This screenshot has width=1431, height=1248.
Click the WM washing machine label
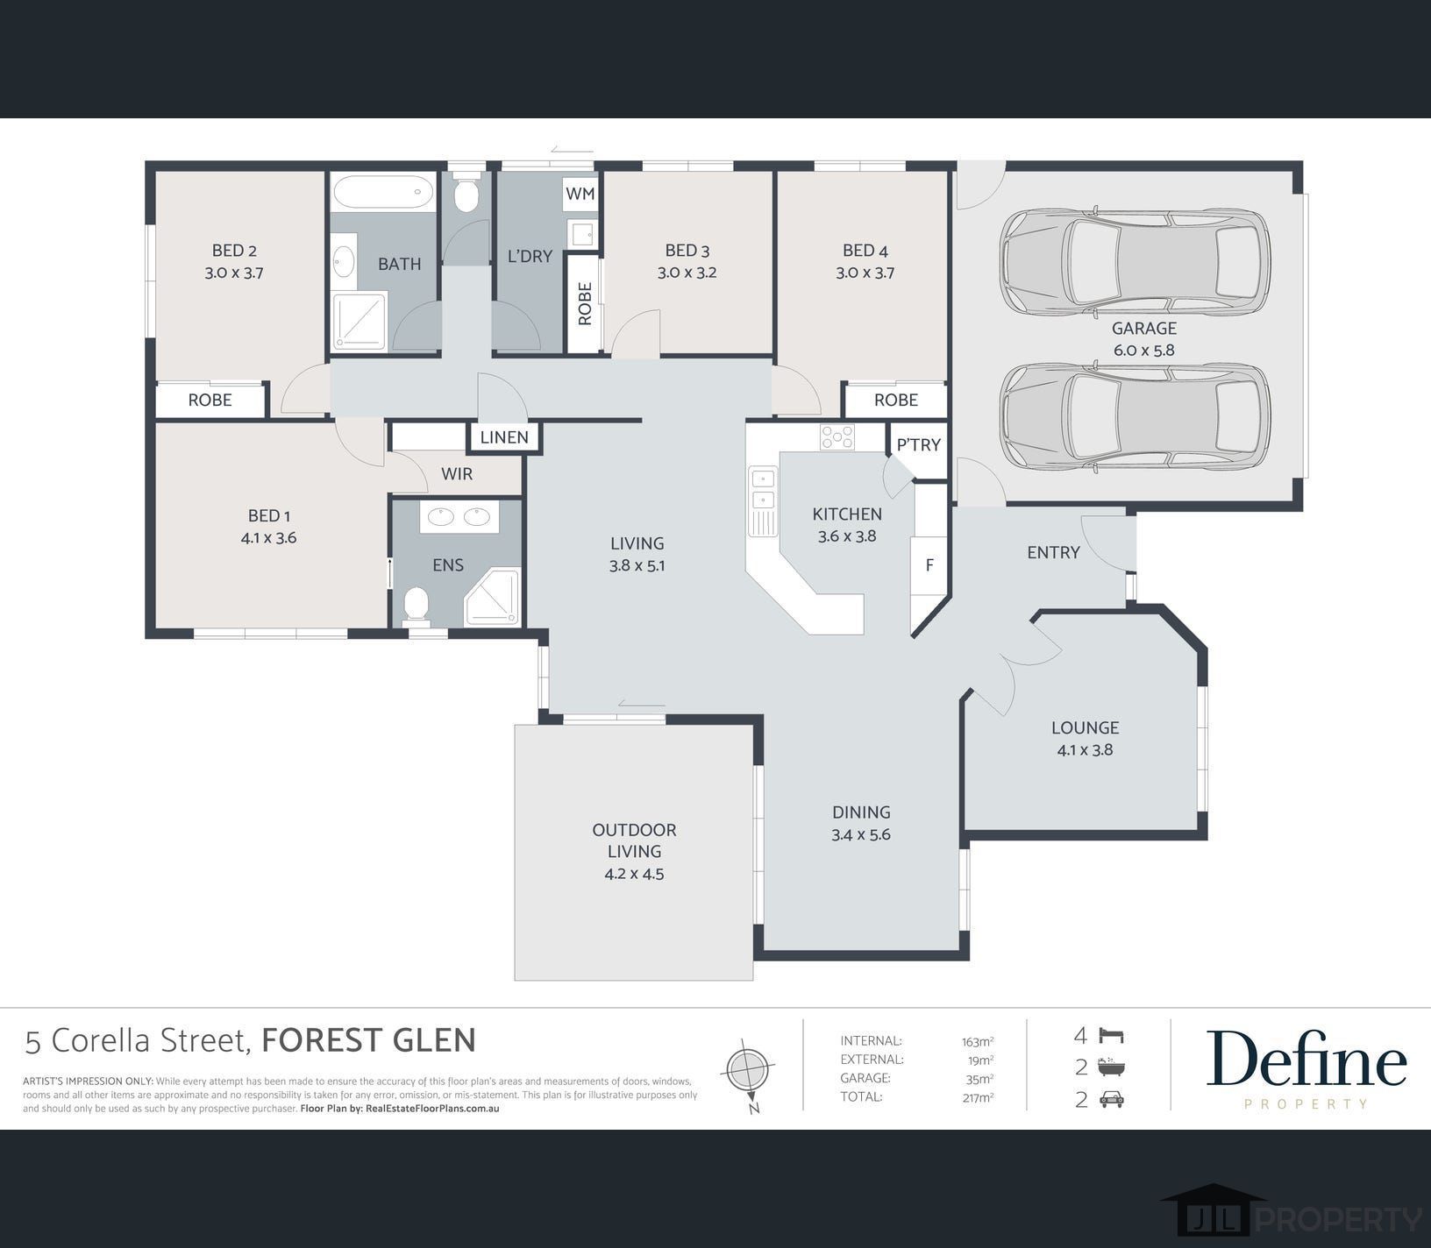pyautogui.click(x=580, y=194)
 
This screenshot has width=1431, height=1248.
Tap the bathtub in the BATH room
pyautogui.click(x=382, y=191)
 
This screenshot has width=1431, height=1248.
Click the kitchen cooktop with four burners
pyautogui.click(x=837, y=436)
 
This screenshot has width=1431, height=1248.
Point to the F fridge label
pyautogui.click(x=929, y=565)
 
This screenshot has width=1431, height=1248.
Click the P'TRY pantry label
pyautogui.click(x=918, y=444)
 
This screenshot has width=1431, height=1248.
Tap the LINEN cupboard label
pyautogui.click(x=504, y=437)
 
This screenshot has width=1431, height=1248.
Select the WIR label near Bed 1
pyautogui.click(x=457, y=474)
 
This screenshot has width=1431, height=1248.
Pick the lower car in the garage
pyautogui.click(x=1135, y=416)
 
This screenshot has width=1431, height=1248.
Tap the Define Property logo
pyautogui.click(x=1306, y=1067)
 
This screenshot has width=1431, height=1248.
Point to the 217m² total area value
pyautogui.click(x=978, y=1096)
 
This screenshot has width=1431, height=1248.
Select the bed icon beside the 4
pyautogui.click(x=1111, y=1036)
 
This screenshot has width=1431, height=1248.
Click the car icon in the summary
pyautogui.click(x=1111, y=1099)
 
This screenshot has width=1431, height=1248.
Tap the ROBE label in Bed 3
pyautogui.click(x=585, y=303)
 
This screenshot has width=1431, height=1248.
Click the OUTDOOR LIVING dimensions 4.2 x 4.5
pyautogui.click(x=634, y=874)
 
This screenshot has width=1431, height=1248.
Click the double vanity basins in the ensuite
pyautogui.click(x=459, y=517)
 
